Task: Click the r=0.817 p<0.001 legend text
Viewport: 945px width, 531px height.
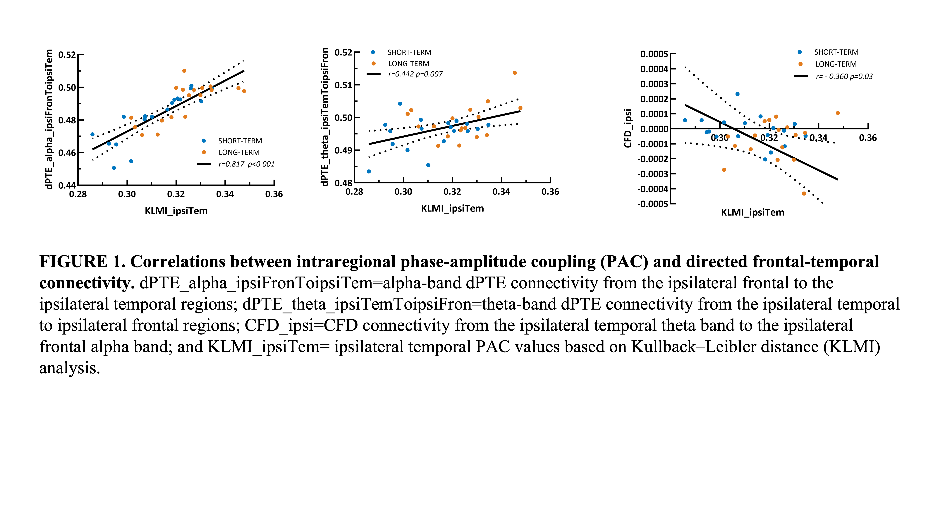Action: (246, 164)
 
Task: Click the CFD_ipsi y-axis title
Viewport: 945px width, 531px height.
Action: (628, 128)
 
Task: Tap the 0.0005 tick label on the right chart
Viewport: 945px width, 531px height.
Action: (654, 54)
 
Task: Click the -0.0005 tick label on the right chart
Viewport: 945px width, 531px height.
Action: (653, 204)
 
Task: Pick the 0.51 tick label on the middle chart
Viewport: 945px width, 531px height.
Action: (343, 85)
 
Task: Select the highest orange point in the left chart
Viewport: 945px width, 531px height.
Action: (184, 71)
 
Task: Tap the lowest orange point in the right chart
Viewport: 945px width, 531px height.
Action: (804, 193)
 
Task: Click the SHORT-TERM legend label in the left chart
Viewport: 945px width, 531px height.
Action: (240, 141)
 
